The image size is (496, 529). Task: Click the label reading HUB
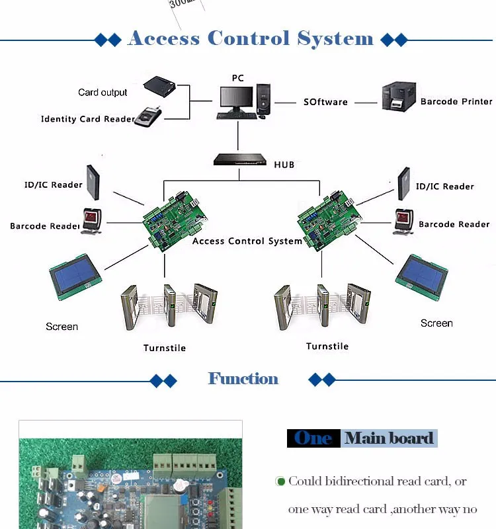coord(284,164)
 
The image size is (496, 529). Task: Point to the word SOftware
coord(325,102)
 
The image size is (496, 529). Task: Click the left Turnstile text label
coord(165,348)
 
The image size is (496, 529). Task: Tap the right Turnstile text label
coord(327,346)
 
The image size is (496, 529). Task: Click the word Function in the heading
coord(243,379)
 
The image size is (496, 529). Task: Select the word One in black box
coord(313,438)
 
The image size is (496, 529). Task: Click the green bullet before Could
coord(280,481)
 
